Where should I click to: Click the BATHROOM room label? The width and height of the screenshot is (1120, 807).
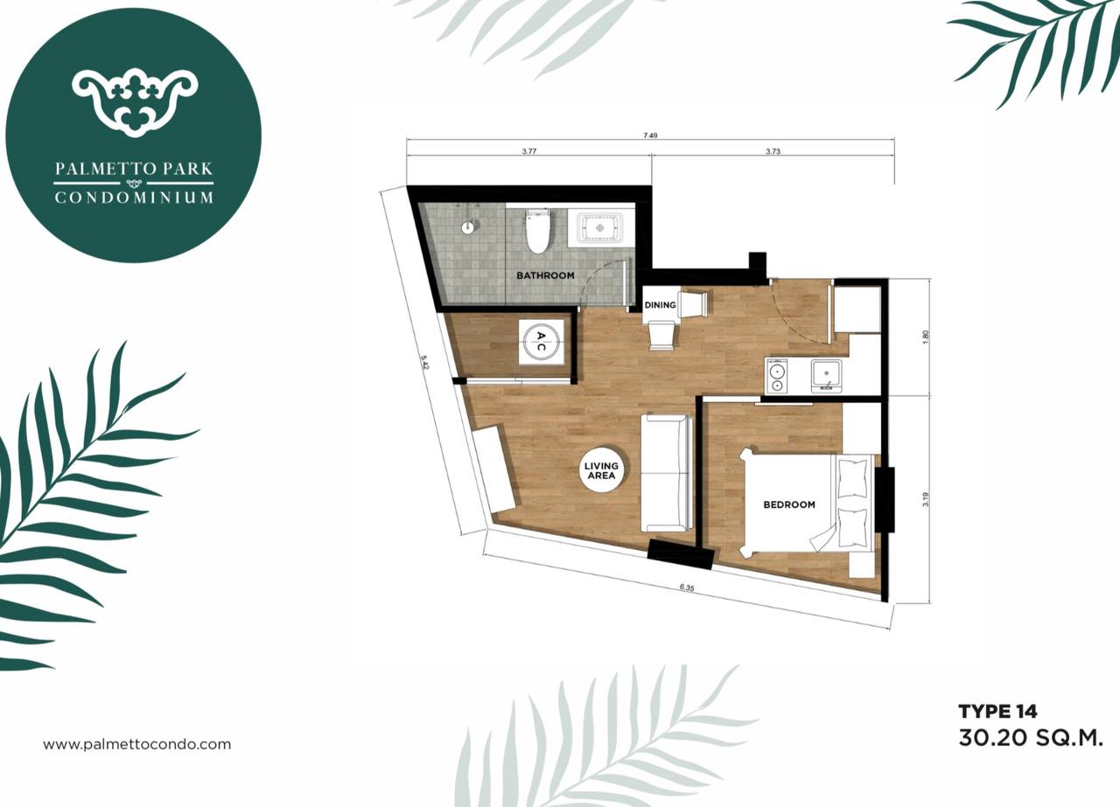pyautogui.click(x=545, y=275)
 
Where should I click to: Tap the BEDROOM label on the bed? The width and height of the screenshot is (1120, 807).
pyautogui.click(x=789, y=504)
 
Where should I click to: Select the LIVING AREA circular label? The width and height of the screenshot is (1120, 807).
pyautogui.click(x=601, y=470)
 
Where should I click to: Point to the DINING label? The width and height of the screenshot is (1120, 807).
pyautogui.click(x=660, y=305)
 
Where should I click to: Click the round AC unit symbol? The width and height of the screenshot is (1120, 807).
pyautogui.click(x=541, y=342)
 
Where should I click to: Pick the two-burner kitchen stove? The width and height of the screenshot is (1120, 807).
pyautogui.click(x=777, y=376)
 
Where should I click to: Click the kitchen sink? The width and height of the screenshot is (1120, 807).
pyautogui.click(x=826, y=376)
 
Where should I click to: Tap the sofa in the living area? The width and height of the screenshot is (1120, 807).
pyautogui.click(x=667, y=473)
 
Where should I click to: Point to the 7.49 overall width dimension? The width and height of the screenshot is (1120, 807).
pyautogui.click(x=650, y=135)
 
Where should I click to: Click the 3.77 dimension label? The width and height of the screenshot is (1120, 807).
pyautogui.click(x=529, y=151)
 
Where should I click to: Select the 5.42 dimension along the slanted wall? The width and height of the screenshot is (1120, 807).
pyautogui.click(x=424, y=362)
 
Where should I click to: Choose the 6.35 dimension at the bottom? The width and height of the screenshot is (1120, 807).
pyautogui.click(x=687, y=588)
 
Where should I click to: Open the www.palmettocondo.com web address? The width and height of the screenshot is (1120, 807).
pyautogui.click(x=137, y=745)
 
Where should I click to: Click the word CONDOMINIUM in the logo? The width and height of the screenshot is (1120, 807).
pyautogui.click(x=134, y=198)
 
